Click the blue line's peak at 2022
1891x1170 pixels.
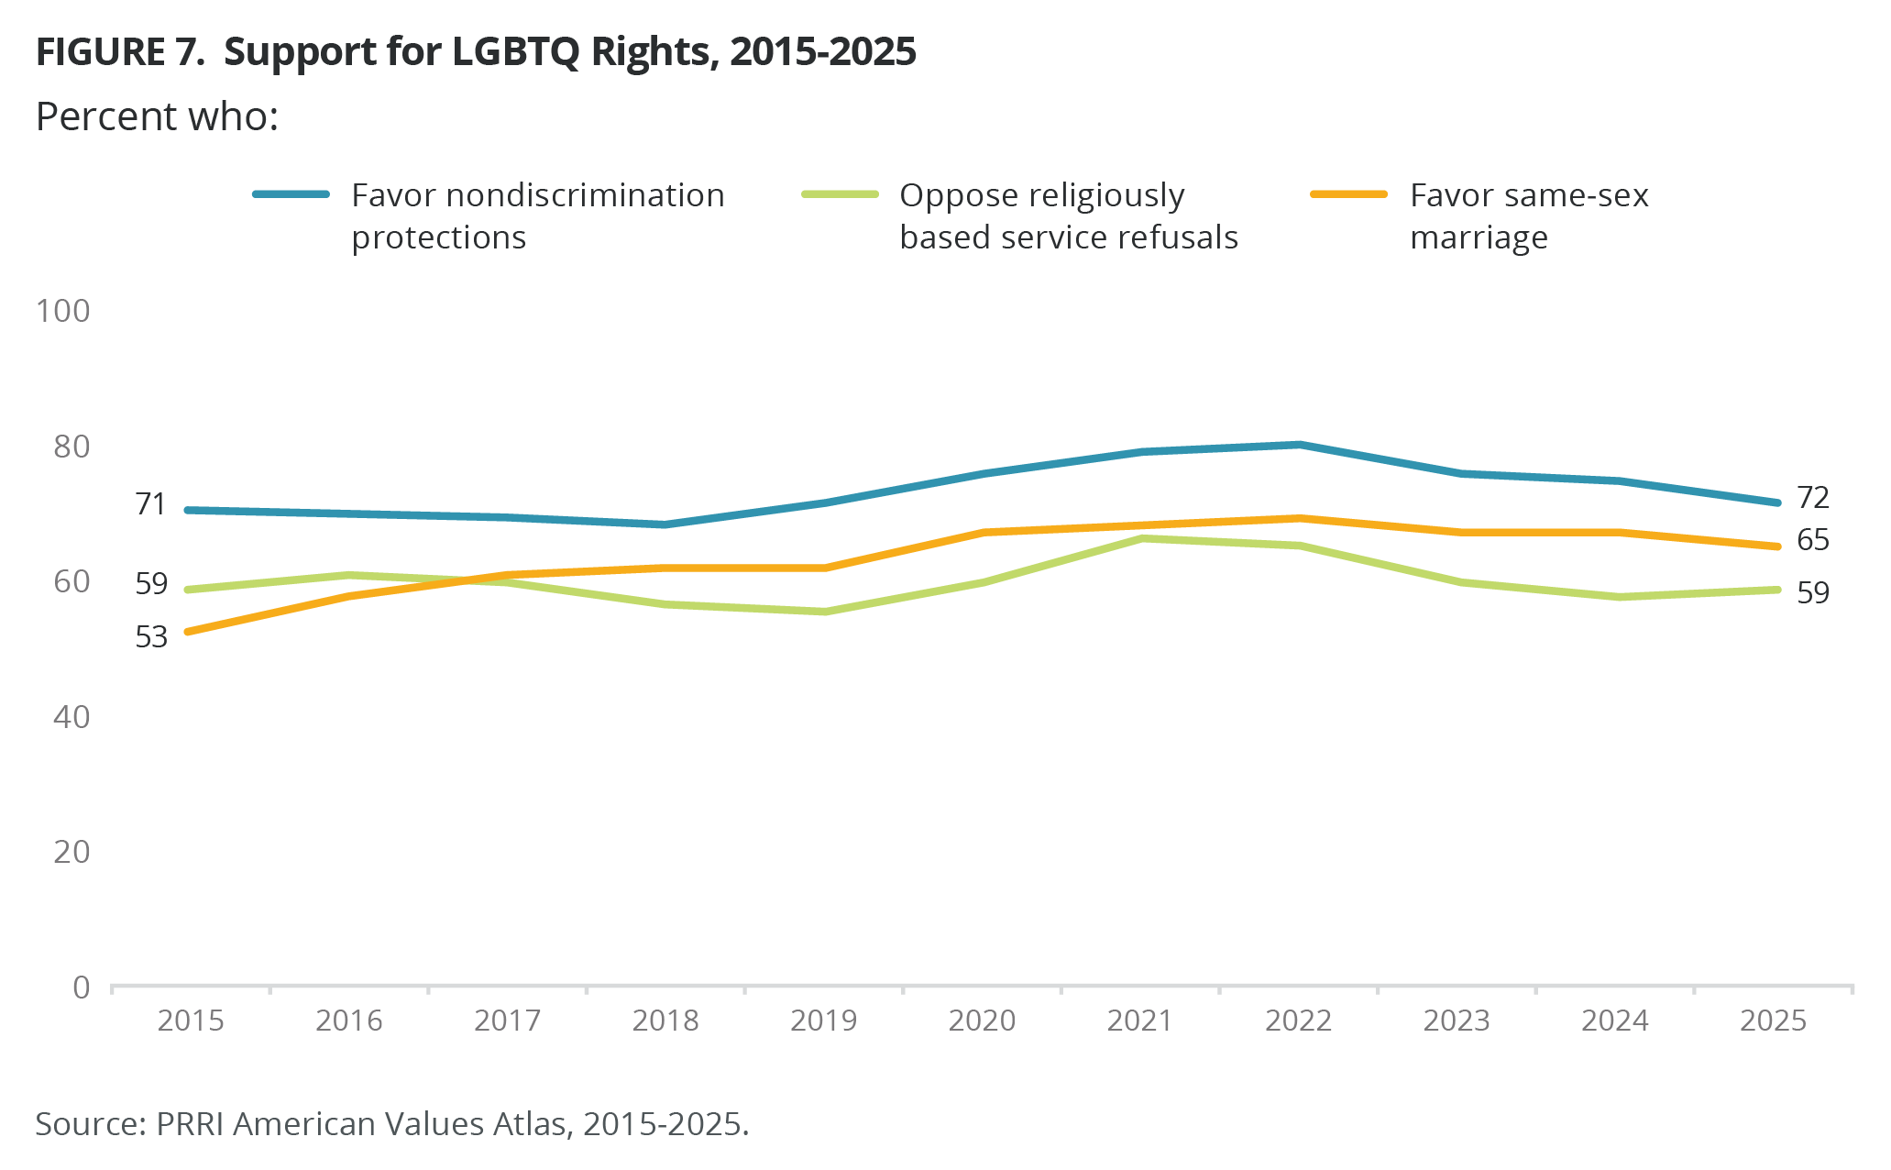[1299, 446]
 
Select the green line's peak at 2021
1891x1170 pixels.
[1142, 538]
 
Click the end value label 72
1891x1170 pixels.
[1813, 498]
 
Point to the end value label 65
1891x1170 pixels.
[1813, 540]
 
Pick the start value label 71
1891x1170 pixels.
[151, 504]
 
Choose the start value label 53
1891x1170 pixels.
[151, 637]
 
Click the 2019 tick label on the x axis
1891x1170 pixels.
[823, 1021]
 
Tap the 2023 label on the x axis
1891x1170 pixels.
[1457, 1021]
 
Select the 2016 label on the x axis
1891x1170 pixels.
[348, 1021]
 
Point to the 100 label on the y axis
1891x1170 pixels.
[62, 311]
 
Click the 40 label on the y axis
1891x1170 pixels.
[71, 717]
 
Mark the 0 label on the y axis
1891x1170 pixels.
[82, 988]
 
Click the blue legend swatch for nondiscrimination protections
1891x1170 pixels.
[291, 194]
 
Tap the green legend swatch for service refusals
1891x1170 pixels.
[840, 194]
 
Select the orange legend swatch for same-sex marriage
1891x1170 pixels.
[1349, 194]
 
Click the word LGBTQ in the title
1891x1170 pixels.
[515, 52]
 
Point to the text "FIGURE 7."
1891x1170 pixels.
[120, 52]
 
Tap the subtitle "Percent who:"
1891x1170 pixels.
[157, 117]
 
